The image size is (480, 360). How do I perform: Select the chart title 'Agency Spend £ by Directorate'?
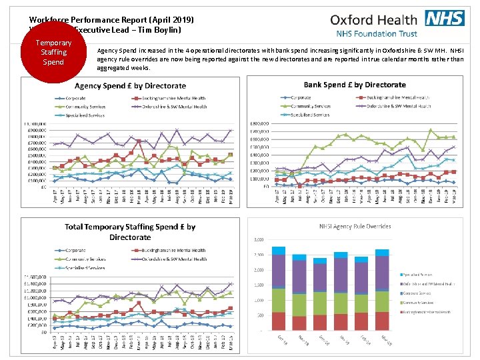click(130, 86)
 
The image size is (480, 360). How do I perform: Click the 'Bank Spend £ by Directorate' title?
click(355, 85)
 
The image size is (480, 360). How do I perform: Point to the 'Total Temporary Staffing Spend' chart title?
click(130, 232)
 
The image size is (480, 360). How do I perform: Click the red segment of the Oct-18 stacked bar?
click(278, 321)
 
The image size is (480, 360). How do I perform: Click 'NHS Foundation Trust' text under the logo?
click(375, 33)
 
